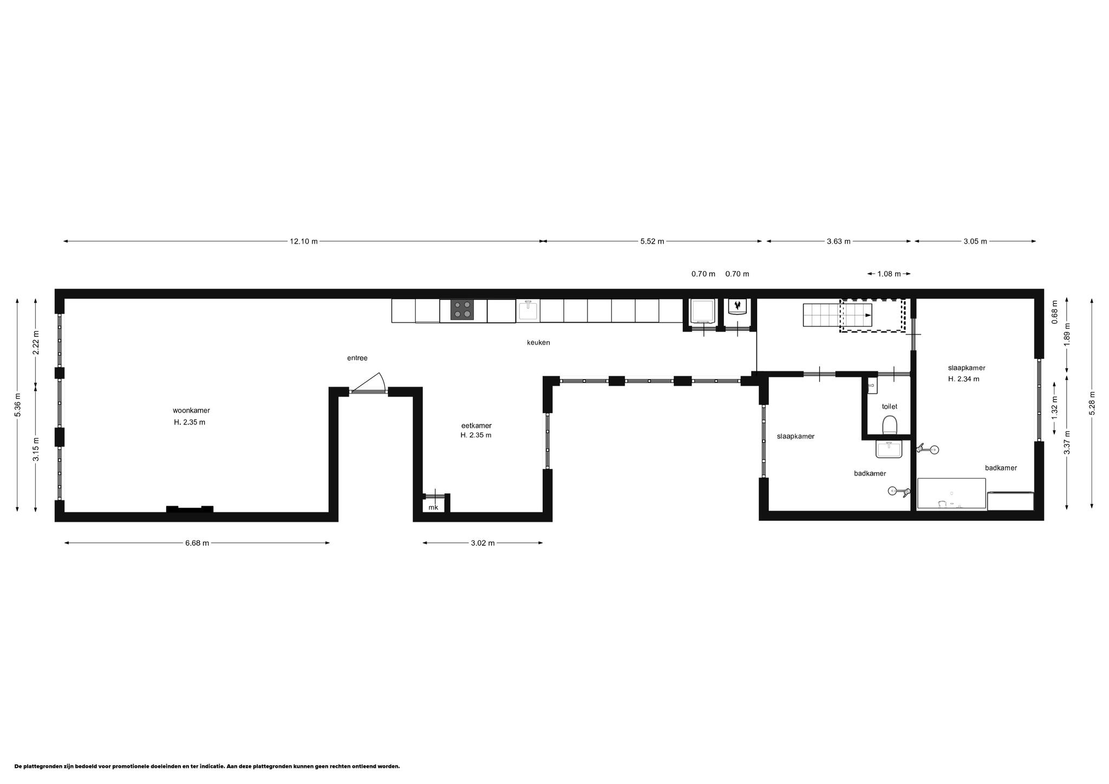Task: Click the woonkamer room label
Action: point(191,410)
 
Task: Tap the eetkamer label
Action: point(477,426)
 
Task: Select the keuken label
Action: point(538,343)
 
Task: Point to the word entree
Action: point(357,358)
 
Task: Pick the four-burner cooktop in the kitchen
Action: point(462,309)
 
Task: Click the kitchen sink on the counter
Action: point(528,310)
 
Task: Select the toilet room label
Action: point(890,406)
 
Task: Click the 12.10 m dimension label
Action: point(303,241)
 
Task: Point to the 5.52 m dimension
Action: point(652,241)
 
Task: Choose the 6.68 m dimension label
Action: point(197,543)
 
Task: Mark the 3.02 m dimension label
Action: point(483,543)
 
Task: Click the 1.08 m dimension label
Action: point(889,274)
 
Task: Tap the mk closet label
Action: point(433,507)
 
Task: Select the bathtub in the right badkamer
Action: point(951,493)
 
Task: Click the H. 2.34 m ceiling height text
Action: point(963,379)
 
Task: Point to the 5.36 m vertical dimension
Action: point(18,404)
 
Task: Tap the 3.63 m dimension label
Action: point(838,241)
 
